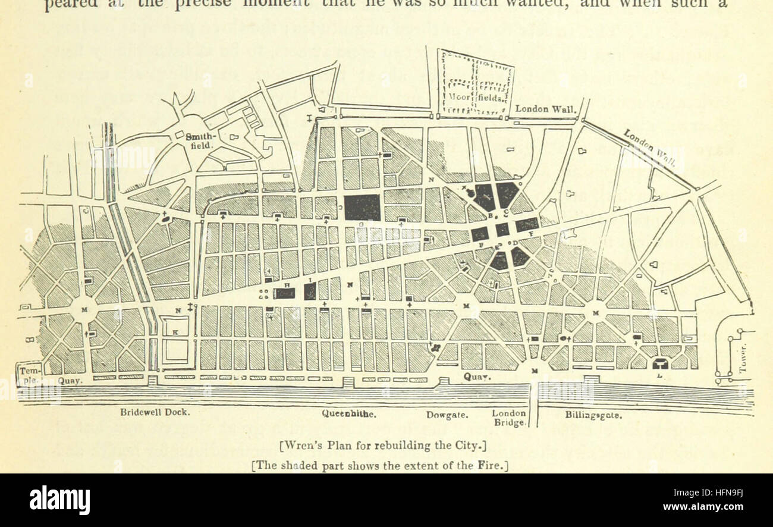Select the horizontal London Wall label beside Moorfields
pos(545,109)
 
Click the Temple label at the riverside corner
pos(29,373)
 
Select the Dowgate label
pos(447,414)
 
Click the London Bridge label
pos(509,418)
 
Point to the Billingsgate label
pos(593,415)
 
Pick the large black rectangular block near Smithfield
pos(362,208)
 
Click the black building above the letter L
pos(660,362)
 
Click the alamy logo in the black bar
pos(59,500)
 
